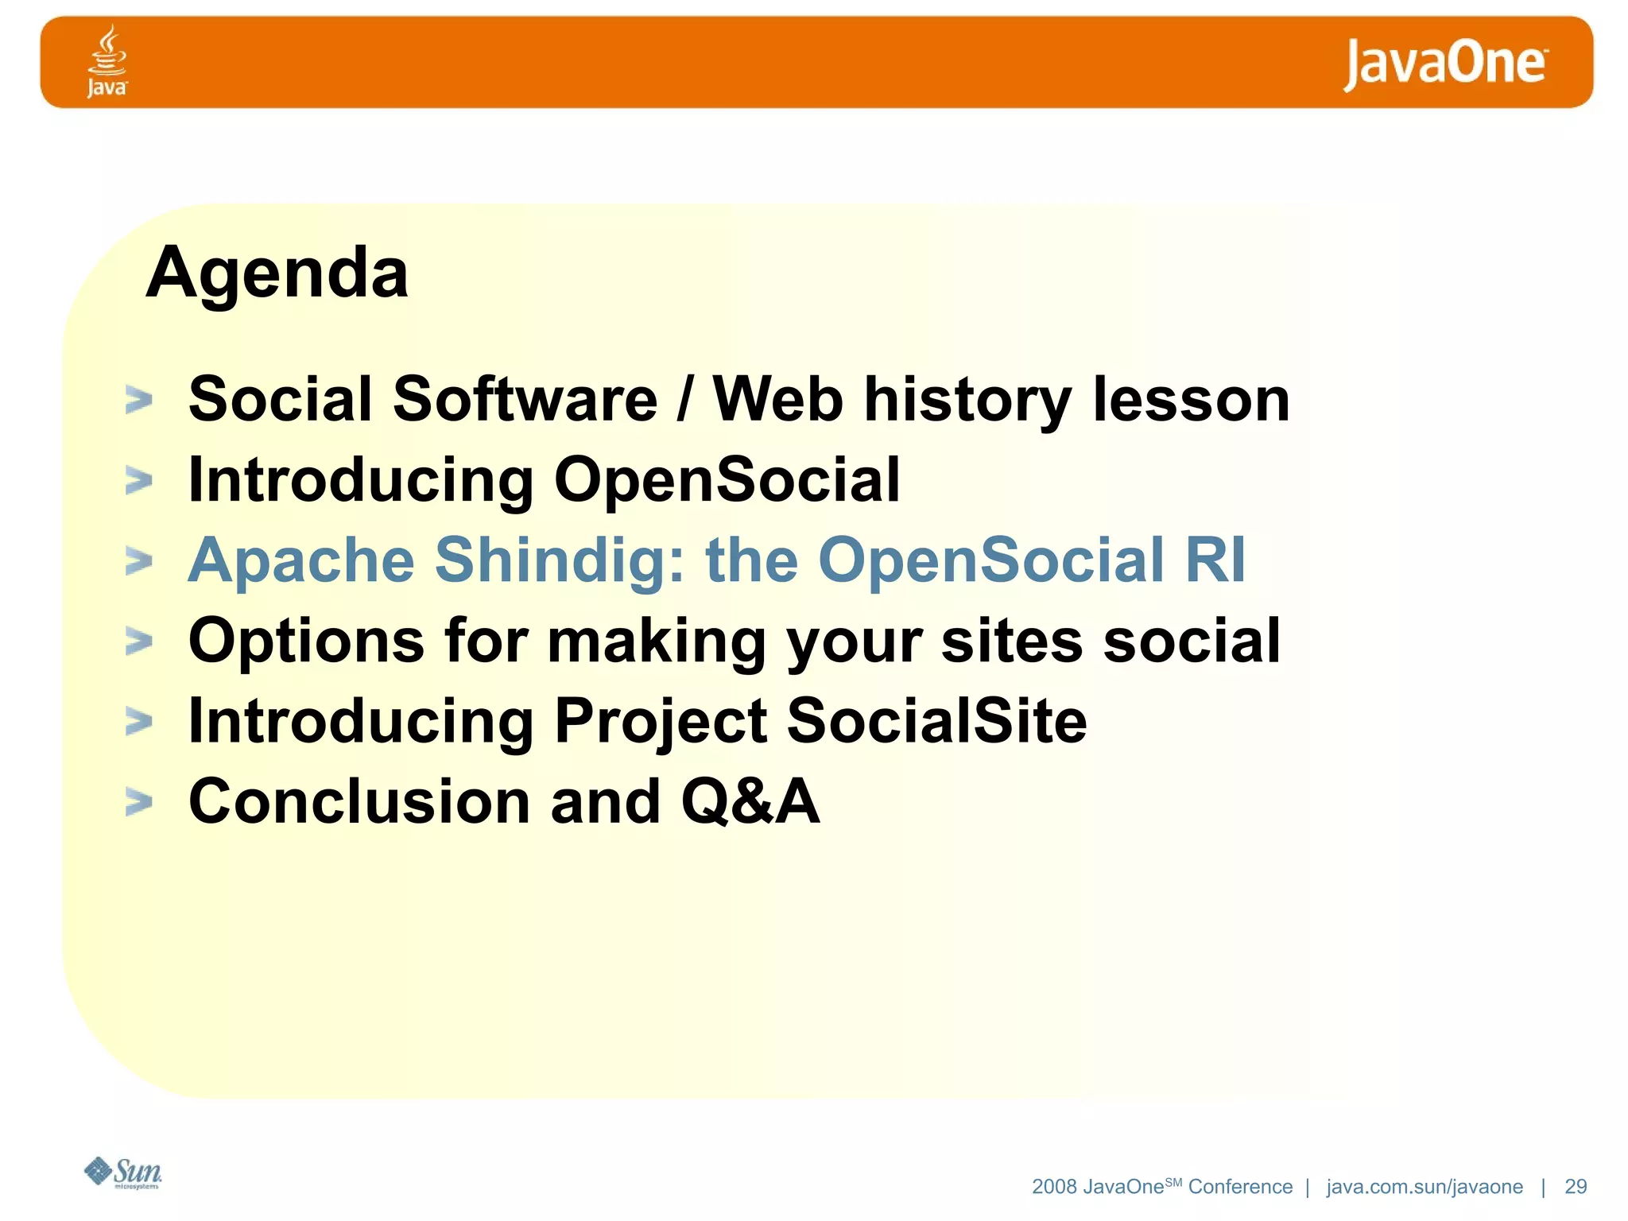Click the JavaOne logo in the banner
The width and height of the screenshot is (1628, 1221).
coord(1444,64)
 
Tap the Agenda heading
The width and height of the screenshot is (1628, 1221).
coord(277,273)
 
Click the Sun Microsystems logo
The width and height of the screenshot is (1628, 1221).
coord(123,1173)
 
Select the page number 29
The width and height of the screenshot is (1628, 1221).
coord(1575,1187)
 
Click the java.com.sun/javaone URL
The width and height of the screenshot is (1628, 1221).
coord(1424,1187)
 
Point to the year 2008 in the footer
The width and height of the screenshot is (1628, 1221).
coord(1054,1187)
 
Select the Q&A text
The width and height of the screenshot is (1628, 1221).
coord(750,801)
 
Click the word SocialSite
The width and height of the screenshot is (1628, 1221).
coord(936,720)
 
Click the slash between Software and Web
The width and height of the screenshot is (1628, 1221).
coord(684,400)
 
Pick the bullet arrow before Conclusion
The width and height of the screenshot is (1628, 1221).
coord(139,802)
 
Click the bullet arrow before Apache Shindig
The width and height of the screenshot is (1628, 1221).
coord(139,561)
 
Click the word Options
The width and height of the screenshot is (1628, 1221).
coord(306,641)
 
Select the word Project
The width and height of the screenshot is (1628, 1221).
coord(660,720)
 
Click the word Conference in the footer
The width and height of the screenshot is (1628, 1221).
coord(1240,1187)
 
